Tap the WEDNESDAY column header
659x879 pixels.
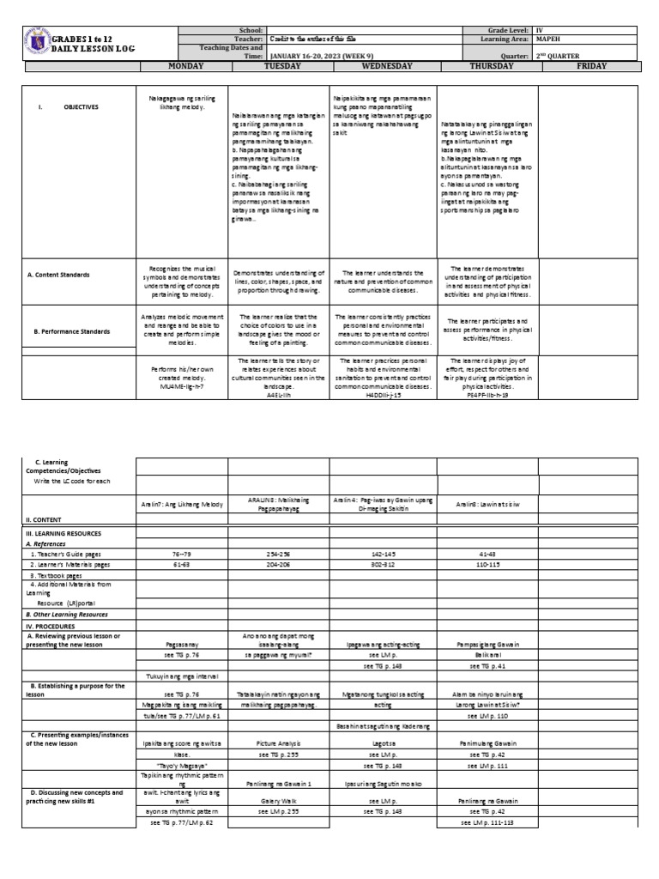pyautogui.click(x=387, y=65)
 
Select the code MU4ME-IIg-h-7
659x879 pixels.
pyautogui.click(x=181, y=387)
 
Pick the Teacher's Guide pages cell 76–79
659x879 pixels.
pyautogui.click(x=181, y=555)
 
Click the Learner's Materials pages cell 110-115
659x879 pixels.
pyautogui.click(x=487, y=564)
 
